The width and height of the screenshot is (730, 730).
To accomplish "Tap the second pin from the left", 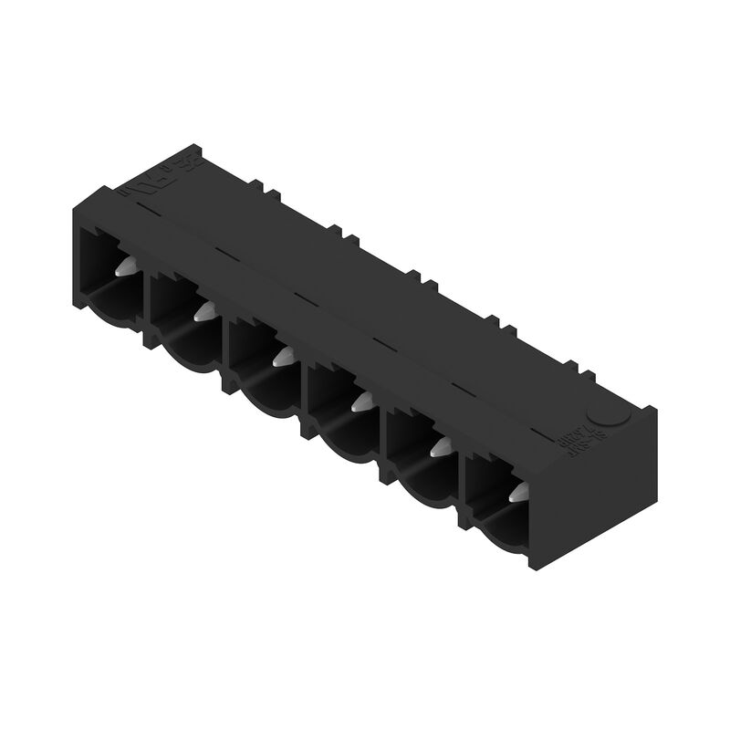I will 203,310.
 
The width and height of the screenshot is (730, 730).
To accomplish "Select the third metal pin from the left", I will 283,354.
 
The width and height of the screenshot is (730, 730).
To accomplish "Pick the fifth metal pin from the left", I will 441,443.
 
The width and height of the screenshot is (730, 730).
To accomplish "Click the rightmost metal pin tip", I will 517,494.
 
